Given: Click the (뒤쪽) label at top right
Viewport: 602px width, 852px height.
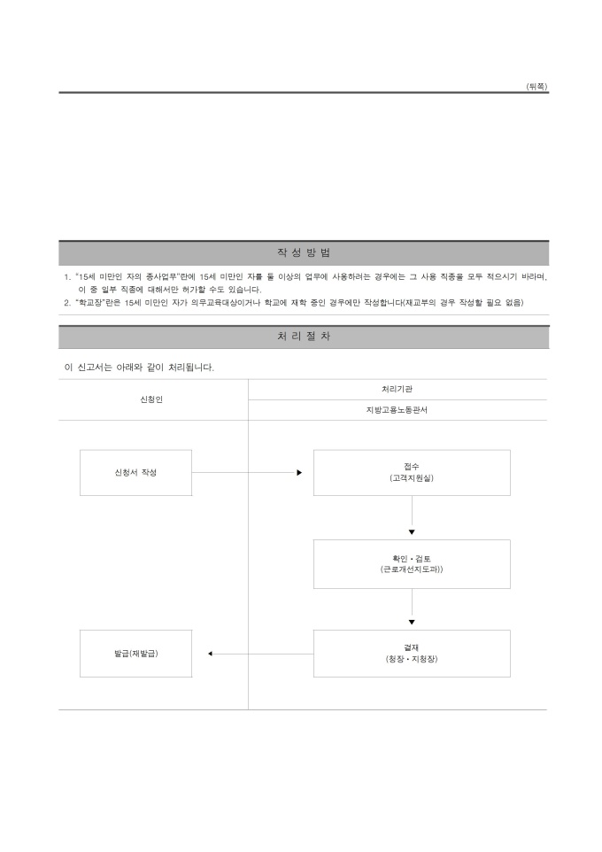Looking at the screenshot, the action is (x=536, y=87).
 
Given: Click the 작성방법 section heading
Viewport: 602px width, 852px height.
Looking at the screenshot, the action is (x=304, y=252).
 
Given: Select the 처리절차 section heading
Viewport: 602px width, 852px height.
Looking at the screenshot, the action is (x=304, y=337).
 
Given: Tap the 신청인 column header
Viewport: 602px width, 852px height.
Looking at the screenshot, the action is (x=151, y=399).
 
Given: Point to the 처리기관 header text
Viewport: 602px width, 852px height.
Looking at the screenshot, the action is (x=397, y=389).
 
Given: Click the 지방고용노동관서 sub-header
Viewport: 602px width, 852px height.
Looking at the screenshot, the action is (x=397, y=410).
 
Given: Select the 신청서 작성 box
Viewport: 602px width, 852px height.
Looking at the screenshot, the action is (x=135, y=473).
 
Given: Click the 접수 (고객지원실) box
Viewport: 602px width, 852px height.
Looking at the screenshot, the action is (x=412, y=473).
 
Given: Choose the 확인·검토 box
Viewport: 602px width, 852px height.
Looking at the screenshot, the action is (x=412, y=564).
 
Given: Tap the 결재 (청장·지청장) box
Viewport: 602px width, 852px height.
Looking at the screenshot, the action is (x=412, y=654).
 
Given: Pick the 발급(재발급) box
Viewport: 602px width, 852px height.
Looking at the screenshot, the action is (x=135, y=654).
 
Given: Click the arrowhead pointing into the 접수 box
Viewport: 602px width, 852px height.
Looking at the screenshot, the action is (x=299, y=473).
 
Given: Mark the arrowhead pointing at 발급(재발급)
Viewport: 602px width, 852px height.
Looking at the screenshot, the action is (x=211, y=654).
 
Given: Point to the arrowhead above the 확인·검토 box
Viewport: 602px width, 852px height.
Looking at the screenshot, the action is (x=412, y=532).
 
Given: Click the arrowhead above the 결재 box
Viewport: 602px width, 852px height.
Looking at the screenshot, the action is (x=412, y=622).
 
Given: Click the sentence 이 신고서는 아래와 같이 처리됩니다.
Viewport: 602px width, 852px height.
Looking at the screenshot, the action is (x=139, y=368).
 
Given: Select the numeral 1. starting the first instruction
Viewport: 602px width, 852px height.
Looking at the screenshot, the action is (x=67, y=277).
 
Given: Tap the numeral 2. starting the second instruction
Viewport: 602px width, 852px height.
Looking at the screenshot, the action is (x=67, y=303).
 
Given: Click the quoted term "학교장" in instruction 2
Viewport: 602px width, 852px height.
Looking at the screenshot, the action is (x=89, y=303).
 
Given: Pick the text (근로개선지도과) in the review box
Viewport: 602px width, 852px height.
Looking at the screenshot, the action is (x=412, y=569).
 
